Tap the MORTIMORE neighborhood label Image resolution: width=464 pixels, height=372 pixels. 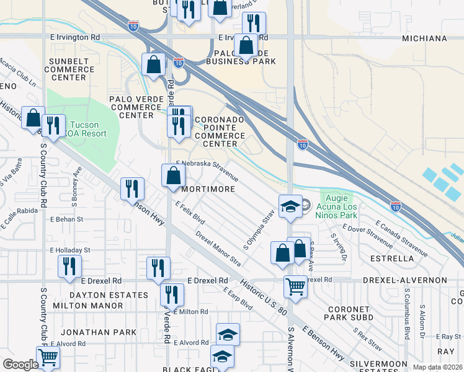pos(208,189)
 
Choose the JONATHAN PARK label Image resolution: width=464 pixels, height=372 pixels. pos(104,332)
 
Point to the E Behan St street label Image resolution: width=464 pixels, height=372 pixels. pos(66,219)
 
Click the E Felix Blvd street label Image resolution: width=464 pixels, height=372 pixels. pos(190,213)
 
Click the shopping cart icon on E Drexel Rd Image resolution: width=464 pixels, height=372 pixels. pos(295,286)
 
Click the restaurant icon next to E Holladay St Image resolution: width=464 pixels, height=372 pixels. pos(69,266)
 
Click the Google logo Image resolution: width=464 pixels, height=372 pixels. pos(20,365)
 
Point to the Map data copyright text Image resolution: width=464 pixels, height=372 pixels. pos(437,367)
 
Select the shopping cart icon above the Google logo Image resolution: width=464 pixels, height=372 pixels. pos(47,356)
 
